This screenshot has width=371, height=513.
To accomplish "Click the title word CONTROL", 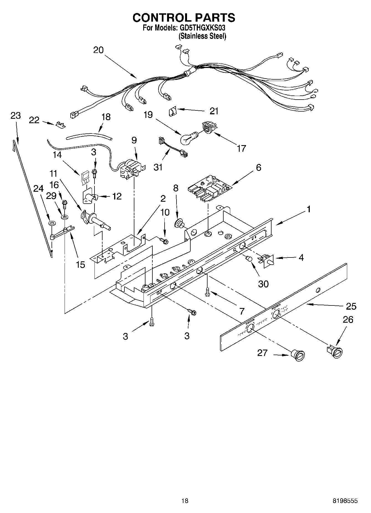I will (x=162, y=18).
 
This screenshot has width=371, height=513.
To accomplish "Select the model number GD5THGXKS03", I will (x=203, y=28).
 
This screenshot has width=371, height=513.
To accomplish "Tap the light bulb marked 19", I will (x=187, y=138).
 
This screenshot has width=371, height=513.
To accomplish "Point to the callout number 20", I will (x=98, y=50).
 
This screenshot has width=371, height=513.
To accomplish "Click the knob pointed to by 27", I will (x=298, y=355).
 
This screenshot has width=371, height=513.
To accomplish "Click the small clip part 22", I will (x=60, y=125).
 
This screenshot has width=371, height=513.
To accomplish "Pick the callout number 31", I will (x=158, y=167).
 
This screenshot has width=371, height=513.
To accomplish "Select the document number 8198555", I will (x=345, y=501).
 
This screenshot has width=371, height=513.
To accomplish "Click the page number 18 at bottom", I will (x=185, y=501).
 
